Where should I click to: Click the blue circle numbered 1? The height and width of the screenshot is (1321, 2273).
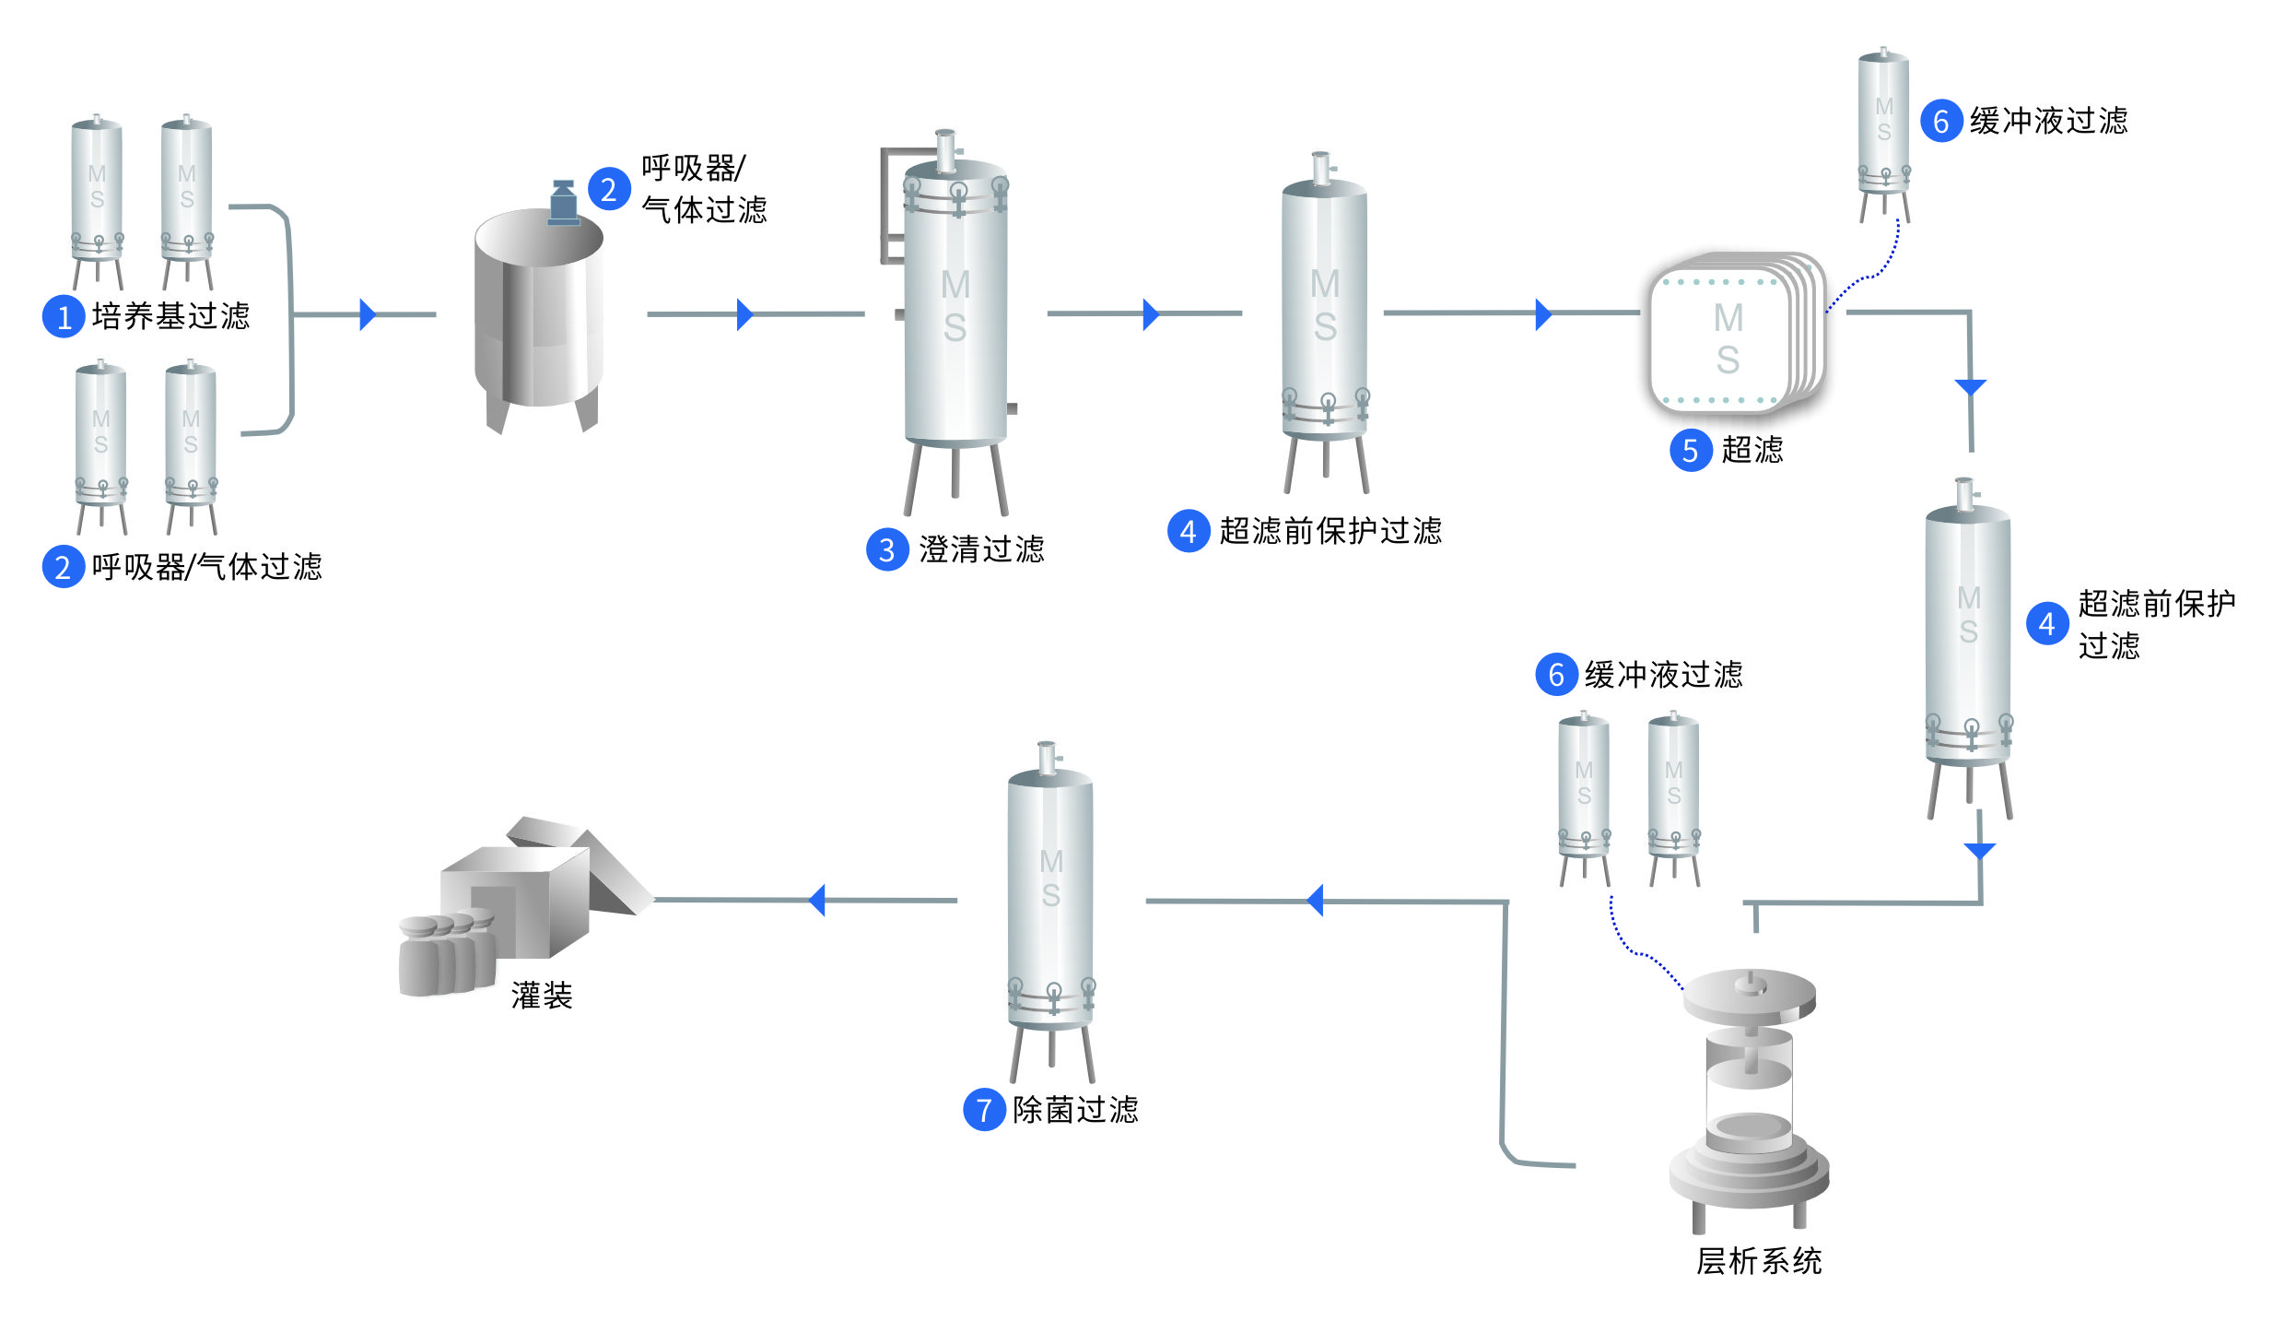[64, 316]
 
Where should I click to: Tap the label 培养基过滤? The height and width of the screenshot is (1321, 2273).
[170, 316]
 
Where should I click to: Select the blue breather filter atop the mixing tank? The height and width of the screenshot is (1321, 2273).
[563, 203]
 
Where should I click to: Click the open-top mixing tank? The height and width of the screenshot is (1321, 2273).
[539, 313]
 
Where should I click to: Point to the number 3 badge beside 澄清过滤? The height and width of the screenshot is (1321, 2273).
[886, 550]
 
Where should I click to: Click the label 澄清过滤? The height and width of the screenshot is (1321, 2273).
[981, 549]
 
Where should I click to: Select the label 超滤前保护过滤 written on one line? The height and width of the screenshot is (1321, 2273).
[1330, 531]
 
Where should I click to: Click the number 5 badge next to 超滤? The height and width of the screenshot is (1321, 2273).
[1690, 451]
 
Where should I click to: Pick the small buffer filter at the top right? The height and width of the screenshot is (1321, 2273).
[1883, 129]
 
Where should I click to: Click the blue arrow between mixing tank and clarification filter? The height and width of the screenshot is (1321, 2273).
[744, 314]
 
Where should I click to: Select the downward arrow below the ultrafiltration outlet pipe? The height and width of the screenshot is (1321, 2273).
[1970, 387]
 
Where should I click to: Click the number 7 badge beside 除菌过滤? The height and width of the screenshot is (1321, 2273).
[983, 1110]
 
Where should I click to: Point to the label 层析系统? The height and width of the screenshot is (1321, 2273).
[1758, 1261]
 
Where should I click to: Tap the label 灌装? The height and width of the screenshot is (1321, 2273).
[542, 996]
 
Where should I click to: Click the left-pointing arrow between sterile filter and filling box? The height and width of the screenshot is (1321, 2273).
[816, 900]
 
